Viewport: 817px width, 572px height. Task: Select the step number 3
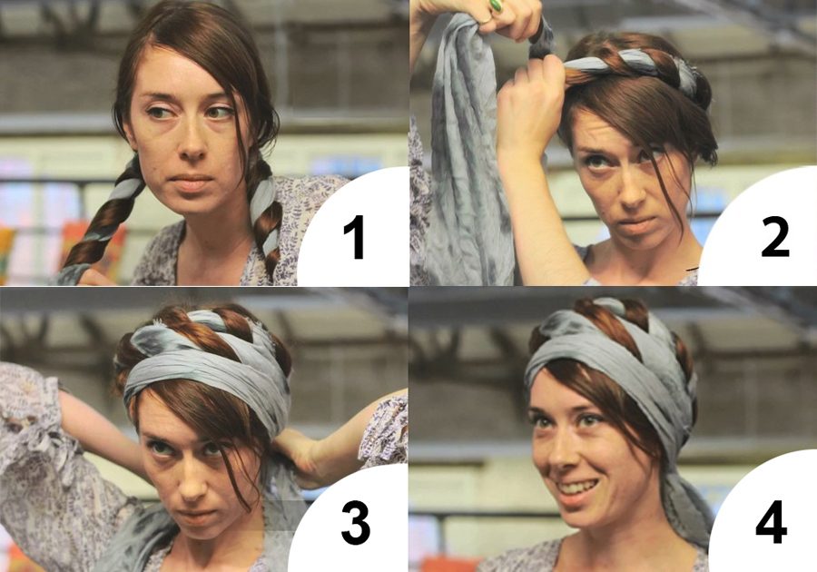356,523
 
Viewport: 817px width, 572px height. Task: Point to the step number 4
772,521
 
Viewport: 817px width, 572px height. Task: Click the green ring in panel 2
496,5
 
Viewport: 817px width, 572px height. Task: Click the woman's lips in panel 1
190,182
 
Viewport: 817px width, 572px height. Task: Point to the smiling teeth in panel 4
576,488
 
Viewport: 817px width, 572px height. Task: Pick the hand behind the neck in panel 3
300,453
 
